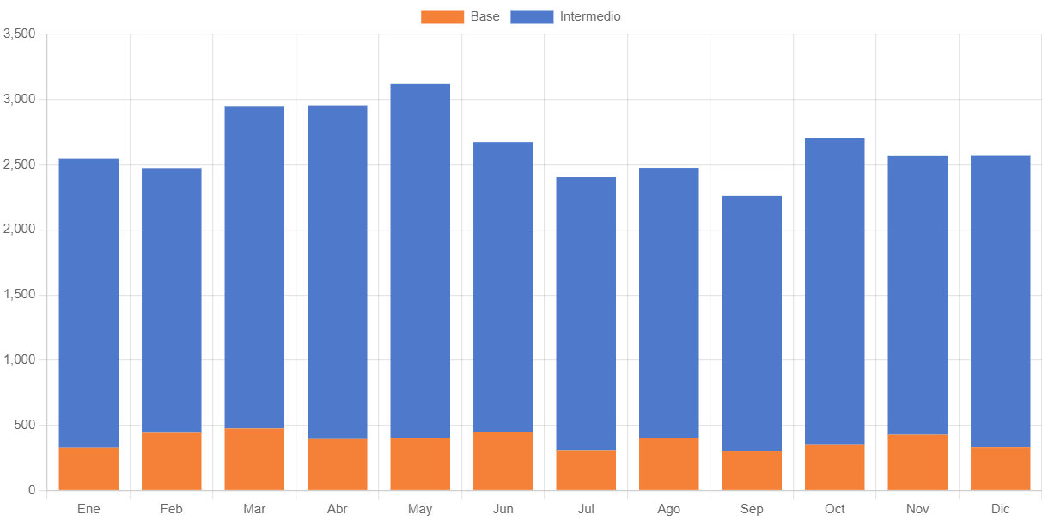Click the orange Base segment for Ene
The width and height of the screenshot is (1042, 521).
tap(88, 469)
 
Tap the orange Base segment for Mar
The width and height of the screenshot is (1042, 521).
tap(254, 459)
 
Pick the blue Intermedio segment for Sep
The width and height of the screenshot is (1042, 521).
tap(752, 323)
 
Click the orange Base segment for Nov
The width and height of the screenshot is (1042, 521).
tap(917, 463)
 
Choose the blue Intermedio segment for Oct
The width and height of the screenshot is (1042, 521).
tap(835, 291)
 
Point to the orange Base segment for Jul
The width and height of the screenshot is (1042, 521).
tap(586, 470)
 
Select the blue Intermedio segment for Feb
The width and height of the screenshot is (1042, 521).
tap(172, 300)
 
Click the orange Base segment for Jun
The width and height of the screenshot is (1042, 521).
tap(503, 462)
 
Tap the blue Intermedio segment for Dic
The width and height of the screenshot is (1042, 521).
tap(1001, 301)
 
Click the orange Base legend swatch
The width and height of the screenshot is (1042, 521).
tap(442, 17)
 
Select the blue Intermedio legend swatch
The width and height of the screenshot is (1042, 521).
tap(532, 17)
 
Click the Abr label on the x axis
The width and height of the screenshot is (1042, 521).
tap(337, 509)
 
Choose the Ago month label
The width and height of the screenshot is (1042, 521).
tap(669, 509)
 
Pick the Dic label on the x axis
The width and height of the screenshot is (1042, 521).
tap(1001, 509)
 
